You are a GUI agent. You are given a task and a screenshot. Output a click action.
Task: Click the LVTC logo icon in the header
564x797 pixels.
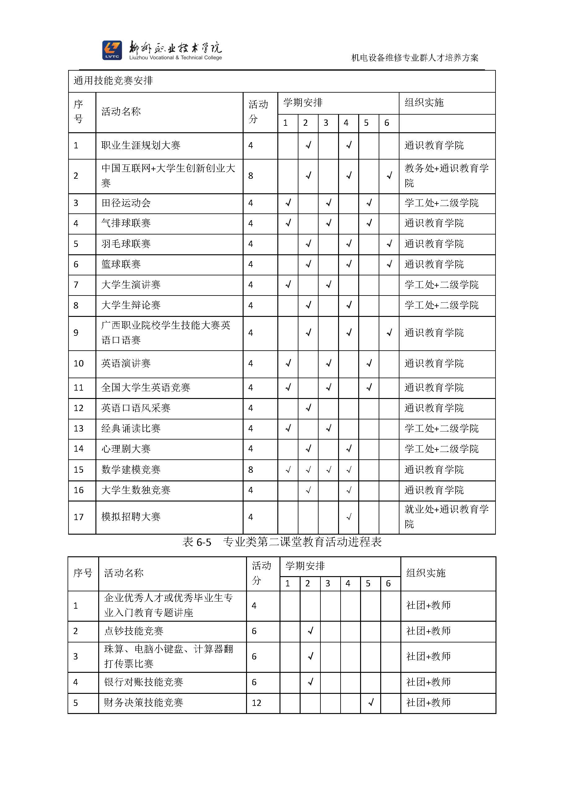(112, 50)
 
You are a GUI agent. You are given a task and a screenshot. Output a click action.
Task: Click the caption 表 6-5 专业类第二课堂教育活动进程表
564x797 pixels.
(282, 542)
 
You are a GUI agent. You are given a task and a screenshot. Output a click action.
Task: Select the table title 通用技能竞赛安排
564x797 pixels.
(113, 81)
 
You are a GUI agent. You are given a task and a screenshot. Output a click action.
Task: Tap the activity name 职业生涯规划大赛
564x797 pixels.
(141, 146)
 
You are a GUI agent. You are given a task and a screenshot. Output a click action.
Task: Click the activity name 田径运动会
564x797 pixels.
(126, 203)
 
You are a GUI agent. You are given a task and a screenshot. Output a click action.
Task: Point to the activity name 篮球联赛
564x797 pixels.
(121, 265)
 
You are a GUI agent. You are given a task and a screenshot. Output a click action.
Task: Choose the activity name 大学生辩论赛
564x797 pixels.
(130, 305)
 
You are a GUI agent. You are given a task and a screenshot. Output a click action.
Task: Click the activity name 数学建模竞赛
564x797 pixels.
(130, 470)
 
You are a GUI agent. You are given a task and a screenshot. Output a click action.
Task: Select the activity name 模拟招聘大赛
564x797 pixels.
(130, 517)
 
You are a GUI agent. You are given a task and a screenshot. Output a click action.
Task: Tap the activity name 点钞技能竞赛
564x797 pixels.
(134, 631)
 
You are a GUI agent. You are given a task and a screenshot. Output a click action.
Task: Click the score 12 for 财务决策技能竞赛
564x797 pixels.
(256, 703)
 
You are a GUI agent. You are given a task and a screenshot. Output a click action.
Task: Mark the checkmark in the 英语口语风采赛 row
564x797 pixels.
(308, 408)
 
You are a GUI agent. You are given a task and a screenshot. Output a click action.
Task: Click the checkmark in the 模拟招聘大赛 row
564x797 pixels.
(349, 517)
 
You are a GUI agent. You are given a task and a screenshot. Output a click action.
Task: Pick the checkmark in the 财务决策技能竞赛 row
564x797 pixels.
(371, 703)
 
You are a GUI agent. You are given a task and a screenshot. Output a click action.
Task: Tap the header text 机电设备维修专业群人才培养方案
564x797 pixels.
(415, 58)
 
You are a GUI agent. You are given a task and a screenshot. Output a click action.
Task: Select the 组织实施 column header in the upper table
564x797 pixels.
(424, 103)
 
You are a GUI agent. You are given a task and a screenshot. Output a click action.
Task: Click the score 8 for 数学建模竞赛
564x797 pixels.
(251, 470)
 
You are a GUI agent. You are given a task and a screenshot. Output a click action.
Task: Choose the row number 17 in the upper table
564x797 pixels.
(78, 517)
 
